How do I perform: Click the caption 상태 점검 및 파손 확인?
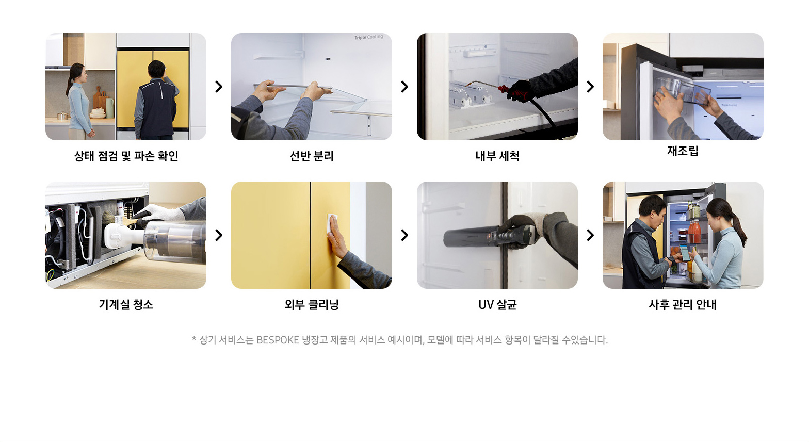126,156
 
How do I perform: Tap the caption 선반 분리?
312,156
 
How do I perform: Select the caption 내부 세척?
497,156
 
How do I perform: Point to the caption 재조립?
683,151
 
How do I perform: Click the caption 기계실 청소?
126,304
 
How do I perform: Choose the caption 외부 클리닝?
312,304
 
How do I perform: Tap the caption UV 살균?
497,304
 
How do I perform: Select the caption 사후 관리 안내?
683,304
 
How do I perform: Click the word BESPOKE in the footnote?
278,340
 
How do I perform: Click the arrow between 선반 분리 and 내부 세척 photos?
405,87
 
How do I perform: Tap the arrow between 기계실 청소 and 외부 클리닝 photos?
219,235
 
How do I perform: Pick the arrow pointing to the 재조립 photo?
590,87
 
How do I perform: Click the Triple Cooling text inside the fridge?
368,37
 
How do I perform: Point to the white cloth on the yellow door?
332,224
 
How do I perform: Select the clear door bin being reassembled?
682,90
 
